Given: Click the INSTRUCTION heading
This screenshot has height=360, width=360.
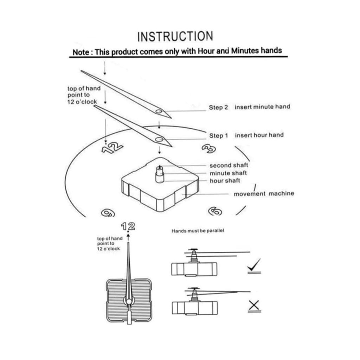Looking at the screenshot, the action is pos(175,36).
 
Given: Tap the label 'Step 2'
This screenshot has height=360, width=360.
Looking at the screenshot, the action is pos(218,108).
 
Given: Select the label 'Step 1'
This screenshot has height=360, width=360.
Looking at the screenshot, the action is pos(218,136).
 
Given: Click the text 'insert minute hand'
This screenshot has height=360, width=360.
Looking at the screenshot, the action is pos(262,107).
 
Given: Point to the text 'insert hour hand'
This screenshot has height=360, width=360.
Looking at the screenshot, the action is pos(259,135).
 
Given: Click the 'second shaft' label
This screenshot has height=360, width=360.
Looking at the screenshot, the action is pos(229,165).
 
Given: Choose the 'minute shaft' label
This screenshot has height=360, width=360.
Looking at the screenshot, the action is pos(228,173).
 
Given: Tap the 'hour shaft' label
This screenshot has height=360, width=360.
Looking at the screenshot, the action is pos(225,181).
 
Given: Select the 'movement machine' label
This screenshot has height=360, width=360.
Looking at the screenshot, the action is pos(264,194).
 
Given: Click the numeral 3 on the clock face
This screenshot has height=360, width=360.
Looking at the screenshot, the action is pos(209,149).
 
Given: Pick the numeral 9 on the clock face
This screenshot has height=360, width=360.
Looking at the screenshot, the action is pos(108,213).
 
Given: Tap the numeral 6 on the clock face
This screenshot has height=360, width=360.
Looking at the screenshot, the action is pos(215,211).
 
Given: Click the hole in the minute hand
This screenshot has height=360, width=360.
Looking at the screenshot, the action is pos(159,111).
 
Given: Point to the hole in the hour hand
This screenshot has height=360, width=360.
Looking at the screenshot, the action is pos(159,139).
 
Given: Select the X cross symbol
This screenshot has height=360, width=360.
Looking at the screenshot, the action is pos(254,305).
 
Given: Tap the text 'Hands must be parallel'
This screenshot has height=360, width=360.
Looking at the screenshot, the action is pos(198,231).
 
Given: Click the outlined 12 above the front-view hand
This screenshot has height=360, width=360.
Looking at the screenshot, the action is pos(128,226).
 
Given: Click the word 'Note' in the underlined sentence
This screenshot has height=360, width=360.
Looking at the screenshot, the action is pos(81,52).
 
